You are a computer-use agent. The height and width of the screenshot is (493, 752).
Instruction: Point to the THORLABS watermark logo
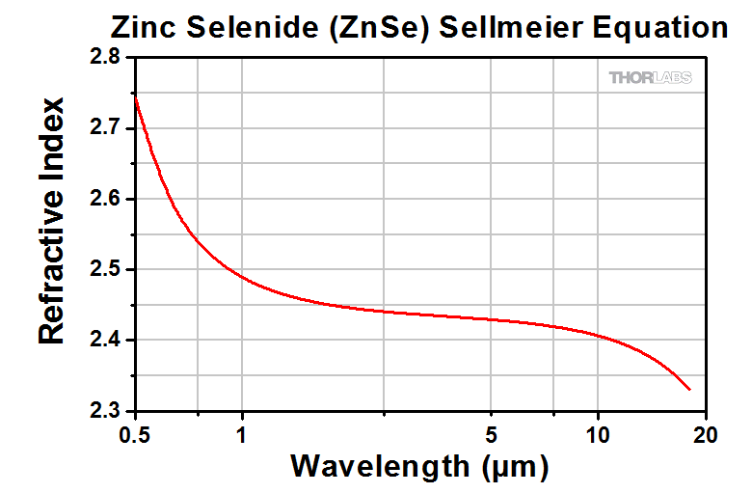[650, 78]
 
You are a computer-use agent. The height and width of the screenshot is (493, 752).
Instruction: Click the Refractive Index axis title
[52, 220]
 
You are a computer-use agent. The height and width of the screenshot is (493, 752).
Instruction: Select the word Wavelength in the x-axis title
[379, 468]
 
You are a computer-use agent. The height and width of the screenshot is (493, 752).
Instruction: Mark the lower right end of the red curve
[690, 390]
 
